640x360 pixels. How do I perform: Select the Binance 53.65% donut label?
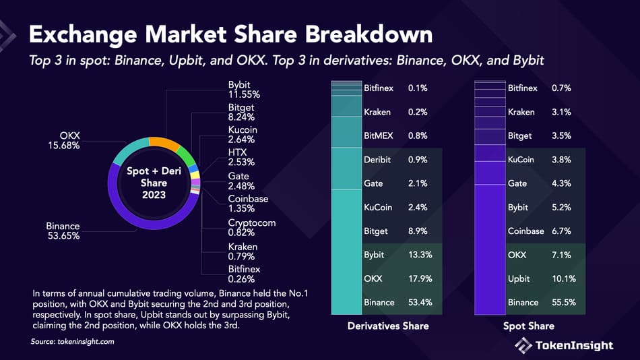pos(63,231)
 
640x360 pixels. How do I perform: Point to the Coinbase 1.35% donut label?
pos(248,204)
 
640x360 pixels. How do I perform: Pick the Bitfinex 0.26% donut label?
pos(244,274)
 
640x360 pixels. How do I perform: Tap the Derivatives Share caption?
pos(387,326)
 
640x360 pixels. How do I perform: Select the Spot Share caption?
pos(528,326)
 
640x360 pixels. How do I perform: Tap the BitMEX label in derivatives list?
pos(378,136)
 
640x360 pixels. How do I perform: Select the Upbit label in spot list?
pos(519,279)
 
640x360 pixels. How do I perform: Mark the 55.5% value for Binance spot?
pos(564,303)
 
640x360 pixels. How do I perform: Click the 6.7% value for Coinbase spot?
pos(561,231)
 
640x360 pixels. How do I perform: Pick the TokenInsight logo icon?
pos(523,345)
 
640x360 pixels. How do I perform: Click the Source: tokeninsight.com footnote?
pos(73,342)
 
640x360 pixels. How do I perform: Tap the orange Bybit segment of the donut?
pos(164,143)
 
